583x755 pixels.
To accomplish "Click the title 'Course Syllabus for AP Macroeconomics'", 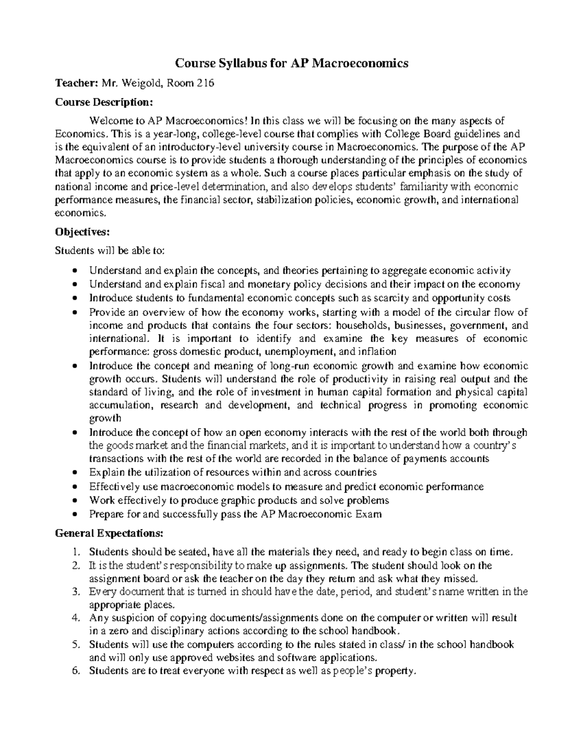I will tap(291, 63).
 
